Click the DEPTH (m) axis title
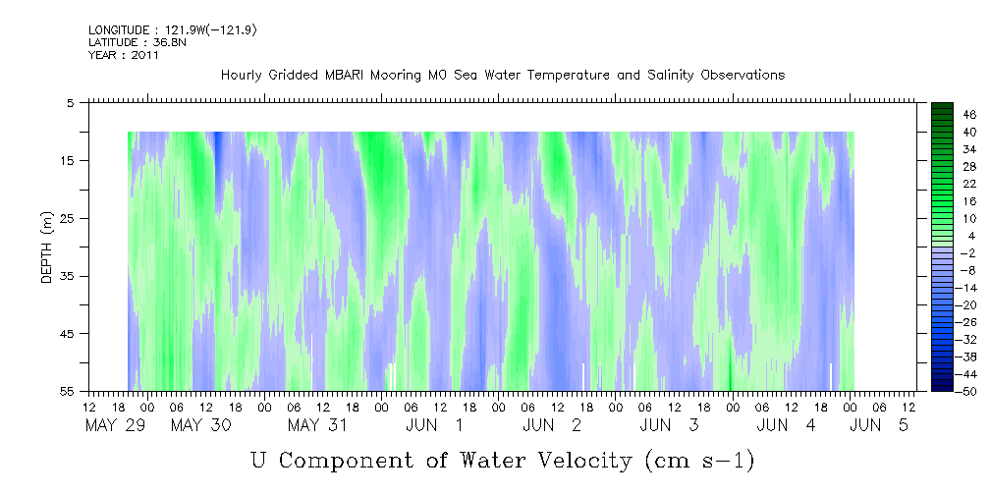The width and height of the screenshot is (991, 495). [x=46, y=247]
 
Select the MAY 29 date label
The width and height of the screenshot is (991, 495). [x=115, y=425]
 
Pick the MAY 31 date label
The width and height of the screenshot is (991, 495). [x=317, y=425]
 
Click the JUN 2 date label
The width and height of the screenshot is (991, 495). [x=552, y=425]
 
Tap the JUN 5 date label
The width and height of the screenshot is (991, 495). [x=879, y=425]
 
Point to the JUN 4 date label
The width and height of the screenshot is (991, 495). [x=786, y=425]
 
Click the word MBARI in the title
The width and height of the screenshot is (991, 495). [x=345, y=76]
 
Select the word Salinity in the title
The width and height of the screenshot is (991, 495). [x=673, y=76]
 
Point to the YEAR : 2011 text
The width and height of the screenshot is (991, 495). [x=123, y=55]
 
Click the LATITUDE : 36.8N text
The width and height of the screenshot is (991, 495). [x=138, y=42]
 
